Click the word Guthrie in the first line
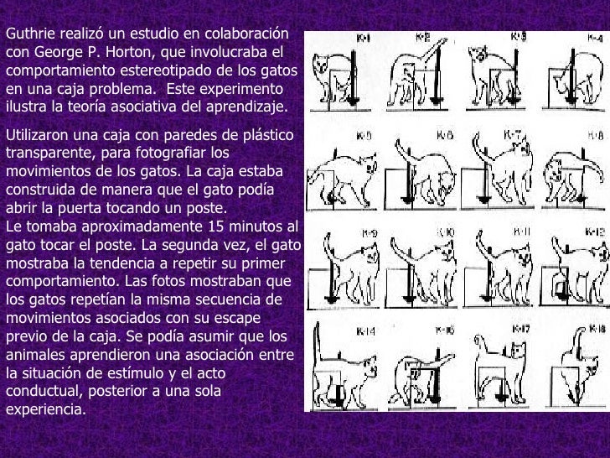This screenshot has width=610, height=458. [27, 34]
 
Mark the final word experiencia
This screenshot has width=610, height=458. [45, 411]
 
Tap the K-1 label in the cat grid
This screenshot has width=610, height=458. [365, 38]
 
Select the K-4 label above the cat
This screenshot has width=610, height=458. [596, 39]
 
